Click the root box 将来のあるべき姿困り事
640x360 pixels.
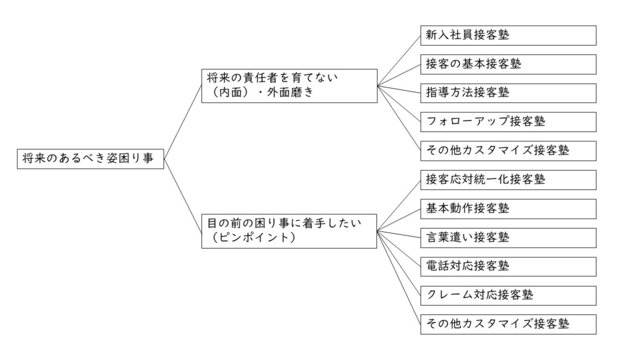pos(90,159)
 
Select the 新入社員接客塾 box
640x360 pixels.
pos(508,36)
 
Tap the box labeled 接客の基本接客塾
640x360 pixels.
pos(508,64)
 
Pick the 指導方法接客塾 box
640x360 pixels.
pos(508,93)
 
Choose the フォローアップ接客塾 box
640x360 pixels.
pos(508,122)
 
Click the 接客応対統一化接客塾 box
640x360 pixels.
pos(508,180)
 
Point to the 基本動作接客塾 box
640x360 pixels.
pos(508,209)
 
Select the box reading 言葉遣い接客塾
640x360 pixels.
pos(508,238)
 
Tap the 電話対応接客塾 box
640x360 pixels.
pos(508,266)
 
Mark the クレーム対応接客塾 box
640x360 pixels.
pos(508,296)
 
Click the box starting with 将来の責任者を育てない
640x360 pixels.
pos(289,86)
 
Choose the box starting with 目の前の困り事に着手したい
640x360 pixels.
pos(289,231)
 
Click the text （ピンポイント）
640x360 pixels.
pos(254,237)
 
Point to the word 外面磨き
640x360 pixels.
pos(290,92)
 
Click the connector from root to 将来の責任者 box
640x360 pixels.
pos(182,122)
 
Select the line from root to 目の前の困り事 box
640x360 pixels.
pos(182,196)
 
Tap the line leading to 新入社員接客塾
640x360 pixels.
pos(399,61)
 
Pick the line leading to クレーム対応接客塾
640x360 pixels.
pos(398,263)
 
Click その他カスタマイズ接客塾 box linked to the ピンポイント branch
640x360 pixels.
pos(508,324)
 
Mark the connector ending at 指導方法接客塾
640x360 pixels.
pos(399,89)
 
